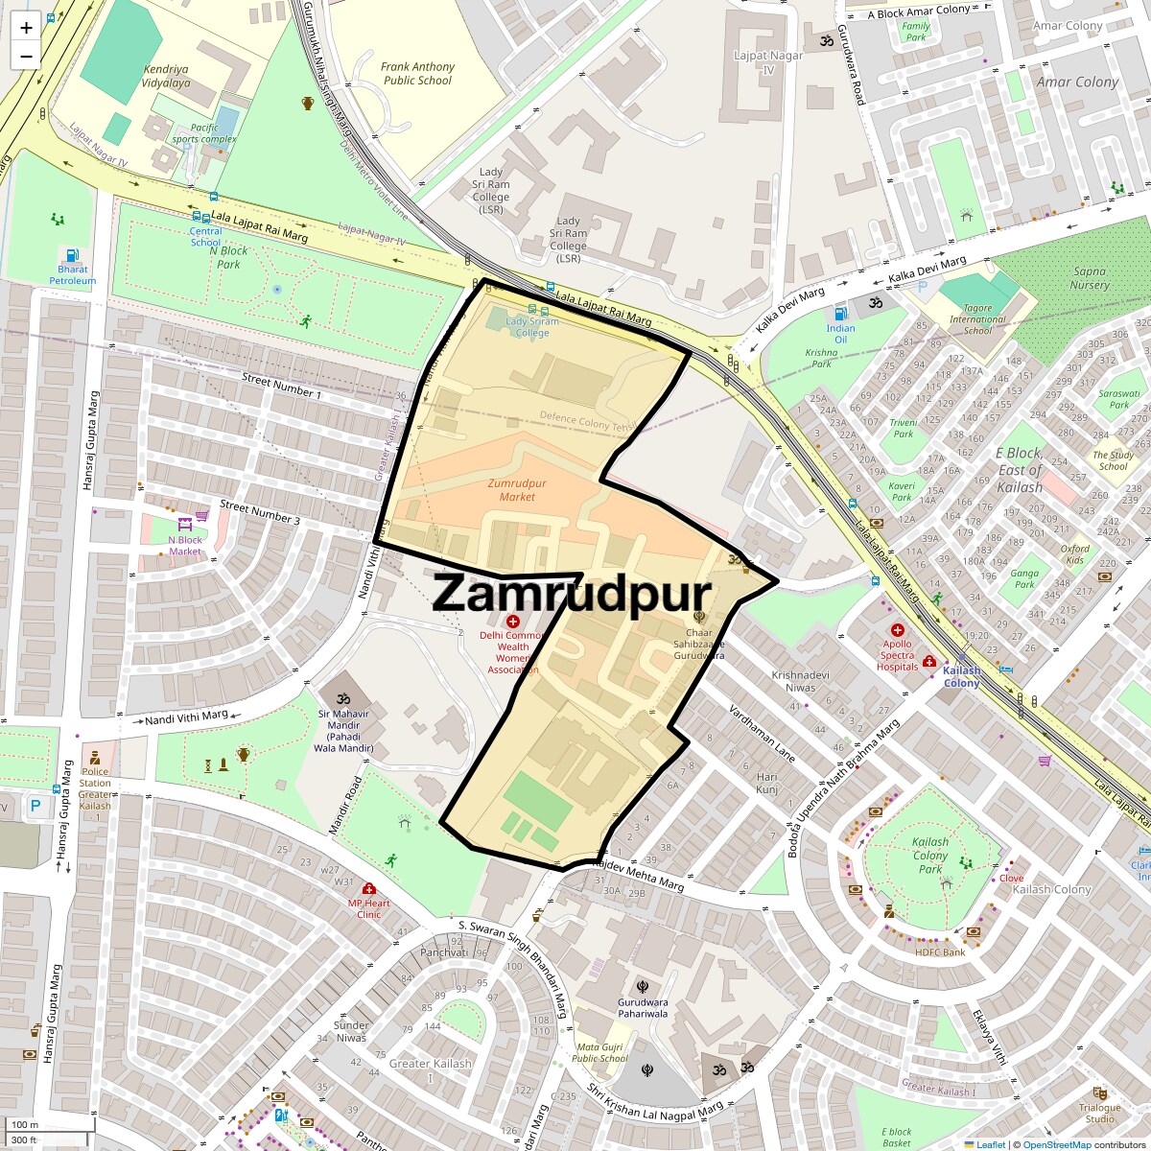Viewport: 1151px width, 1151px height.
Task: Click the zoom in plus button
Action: point(26,28)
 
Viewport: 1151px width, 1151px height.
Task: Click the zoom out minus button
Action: point(26,57)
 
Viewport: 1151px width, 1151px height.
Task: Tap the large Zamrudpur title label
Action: point(572,594)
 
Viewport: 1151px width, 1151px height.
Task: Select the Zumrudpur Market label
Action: point(517,490)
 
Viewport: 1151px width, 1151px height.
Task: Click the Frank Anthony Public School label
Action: point(417,74)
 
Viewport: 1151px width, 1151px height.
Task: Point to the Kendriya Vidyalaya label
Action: point(166,76)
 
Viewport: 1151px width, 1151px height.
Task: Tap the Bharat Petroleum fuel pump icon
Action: point(72,255)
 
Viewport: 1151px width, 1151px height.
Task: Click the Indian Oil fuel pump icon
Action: point(840,313)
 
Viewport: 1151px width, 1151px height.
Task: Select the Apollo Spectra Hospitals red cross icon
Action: point(898,630)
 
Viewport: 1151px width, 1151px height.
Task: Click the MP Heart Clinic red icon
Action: point(368,888)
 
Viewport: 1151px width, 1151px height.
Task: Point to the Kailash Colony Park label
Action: point(929,856)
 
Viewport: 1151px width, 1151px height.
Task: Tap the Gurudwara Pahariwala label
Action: point(643,1007)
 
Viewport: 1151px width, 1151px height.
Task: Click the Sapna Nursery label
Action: point(1090,278)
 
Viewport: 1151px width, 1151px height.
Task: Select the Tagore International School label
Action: point(977,319)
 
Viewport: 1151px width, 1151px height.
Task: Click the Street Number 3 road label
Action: point(260,512)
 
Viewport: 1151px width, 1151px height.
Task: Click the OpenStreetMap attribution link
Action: point(1056,1144)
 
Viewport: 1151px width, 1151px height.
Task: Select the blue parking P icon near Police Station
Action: point(35,807)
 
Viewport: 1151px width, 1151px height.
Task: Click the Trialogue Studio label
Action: point(1099,1113)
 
